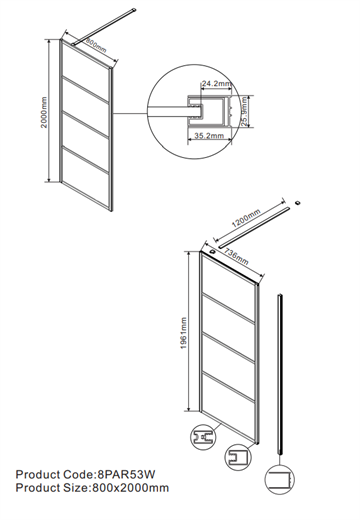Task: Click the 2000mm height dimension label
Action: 44,112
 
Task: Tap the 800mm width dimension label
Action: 96,45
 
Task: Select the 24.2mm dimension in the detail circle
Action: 216,84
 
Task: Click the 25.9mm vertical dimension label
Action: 245,111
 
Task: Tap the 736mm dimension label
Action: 236,257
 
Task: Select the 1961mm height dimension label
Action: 184,333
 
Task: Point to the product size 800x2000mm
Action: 130,488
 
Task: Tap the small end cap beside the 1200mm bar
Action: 298,202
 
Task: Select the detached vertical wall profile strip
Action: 280,374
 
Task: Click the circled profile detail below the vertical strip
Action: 280,479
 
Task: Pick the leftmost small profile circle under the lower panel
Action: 203,437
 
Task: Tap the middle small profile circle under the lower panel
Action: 238,457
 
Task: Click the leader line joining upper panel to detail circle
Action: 131,114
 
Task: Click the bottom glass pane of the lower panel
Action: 229,405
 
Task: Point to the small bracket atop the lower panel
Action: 213,252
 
